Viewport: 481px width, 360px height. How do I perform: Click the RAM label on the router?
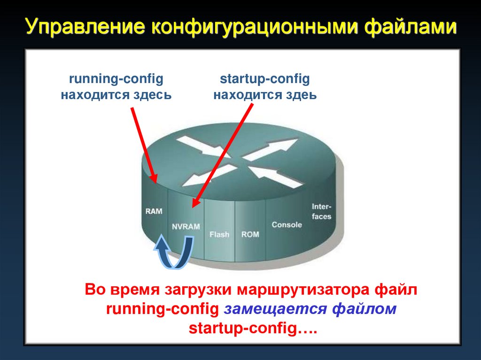(x=154, y=211)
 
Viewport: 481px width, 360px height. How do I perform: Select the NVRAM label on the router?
(x=186, y=226)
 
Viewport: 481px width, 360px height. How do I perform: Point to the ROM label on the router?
(x=250, y=234)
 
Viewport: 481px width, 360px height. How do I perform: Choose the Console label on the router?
(x=287, y=224)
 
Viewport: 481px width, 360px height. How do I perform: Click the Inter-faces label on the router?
(x=322, y=211)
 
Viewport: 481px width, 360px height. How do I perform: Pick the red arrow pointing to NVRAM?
(x=224, y=155)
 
